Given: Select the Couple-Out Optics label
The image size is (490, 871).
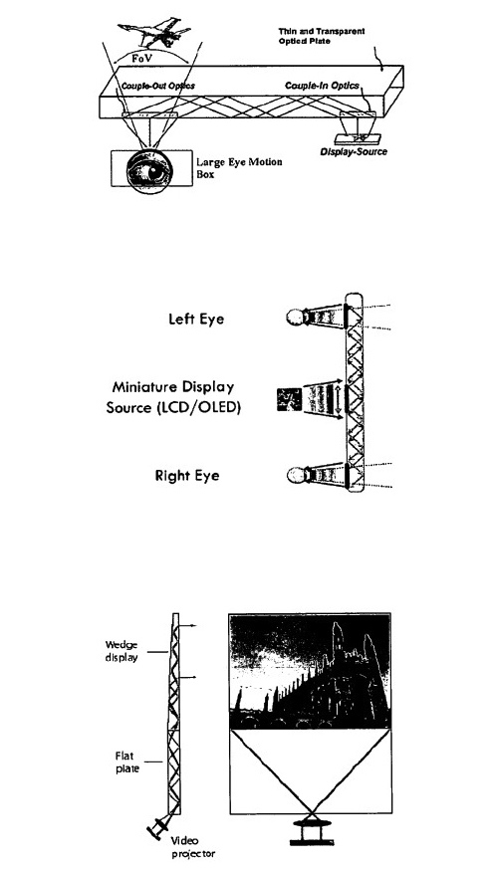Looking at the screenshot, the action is [x=158, y=86].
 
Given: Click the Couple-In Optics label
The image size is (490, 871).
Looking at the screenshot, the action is [x=322, y=86].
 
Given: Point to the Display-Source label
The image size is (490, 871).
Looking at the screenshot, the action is [x=354, y=151].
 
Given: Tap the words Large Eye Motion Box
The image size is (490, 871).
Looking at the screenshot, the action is [x=239, y=167].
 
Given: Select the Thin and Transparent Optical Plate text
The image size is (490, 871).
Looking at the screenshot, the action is [x=322, y=36].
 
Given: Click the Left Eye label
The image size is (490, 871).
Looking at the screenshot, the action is [x=196, y=320].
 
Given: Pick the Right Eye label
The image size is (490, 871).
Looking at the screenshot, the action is [x=187, y=476].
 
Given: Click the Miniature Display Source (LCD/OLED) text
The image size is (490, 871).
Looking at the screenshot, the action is [x=173, y=397].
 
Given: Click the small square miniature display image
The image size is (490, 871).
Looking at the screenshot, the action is [x=289, y=399].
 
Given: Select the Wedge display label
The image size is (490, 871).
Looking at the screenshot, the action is [x=122, y=651].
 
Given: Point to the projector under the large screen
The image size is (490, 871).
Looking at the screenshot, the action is [x=311, y=831].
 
